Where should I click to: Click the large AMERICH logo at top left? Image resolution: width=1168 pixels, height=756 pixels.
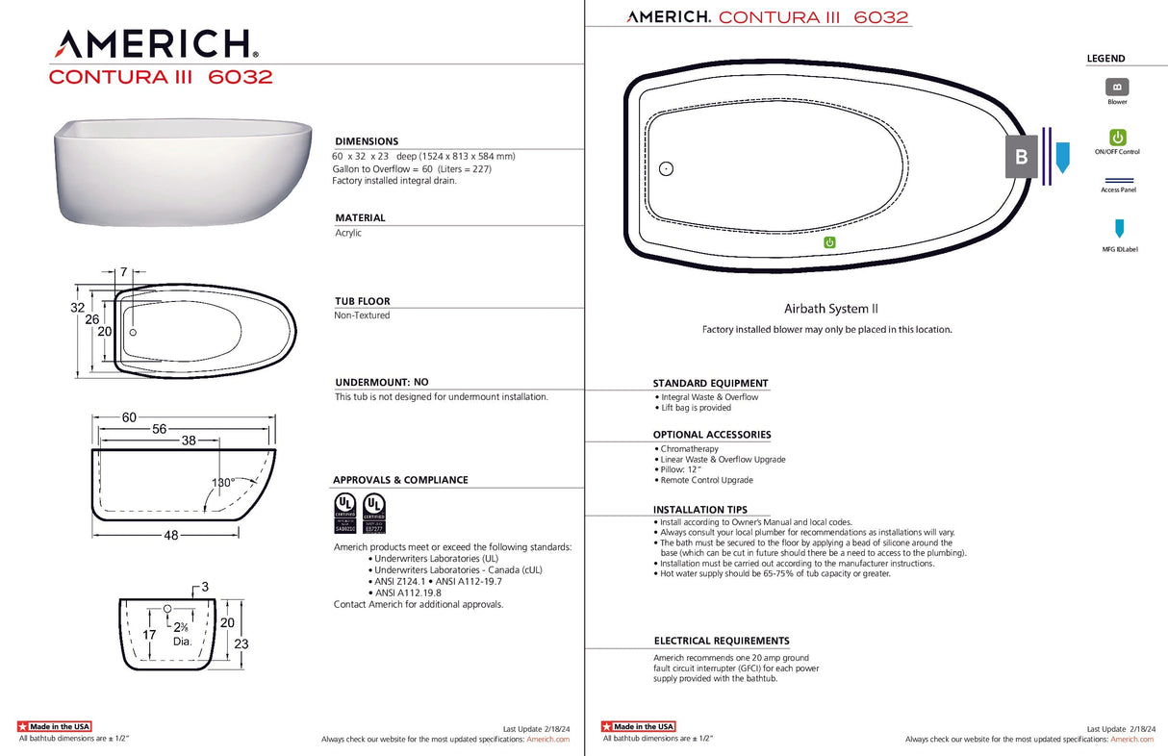(155, 43)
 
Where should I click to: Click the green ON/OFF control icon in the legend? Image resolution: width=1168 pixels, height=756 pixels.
(1117, 138)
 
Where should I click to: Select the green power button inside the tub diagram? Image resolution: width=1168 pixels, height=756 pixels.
(829, 242)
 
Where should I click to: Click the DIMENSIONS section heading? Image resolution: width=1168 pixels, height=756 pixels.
(367, 141)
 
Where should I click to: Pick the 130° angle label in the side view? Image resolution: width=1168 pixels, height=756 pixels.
(224, 483)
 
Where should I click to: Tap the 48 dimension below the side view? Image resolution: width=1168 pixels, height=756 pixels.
(171, 536)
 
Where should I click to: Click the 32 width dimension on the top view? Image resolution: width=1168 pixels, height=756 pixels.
(78, 308)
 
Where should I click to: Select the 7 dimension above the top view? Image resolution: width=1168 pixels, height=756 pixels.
(125, 273)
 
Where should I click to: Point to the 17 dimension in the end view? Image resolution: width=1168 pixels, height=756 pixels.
(149, 635)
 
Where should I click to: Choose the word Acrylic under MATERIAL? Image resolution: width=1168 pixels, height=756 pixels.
(348, 233)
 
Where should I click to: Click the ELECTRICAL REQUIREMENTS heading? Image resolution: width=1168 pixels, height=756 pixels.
(722, 641)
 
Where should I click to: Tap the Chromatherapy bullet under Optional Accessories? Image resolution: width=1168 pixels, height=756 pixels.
(690, 449)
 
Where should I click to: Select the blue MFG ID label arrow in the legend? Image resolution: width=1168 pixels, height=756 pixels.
(1118, 229)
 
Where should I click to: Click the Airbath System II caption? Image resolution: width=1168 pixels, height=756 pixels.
(830, 309)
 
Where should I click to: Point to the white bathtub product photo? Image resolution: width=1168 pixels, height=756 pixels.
(184, 173)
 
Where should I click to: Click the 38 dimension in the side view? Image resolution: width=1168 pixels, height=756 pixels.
(189, 440)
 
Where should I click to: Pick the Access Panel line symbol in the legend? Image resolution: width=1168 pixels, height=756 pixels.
(1118, 180)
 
